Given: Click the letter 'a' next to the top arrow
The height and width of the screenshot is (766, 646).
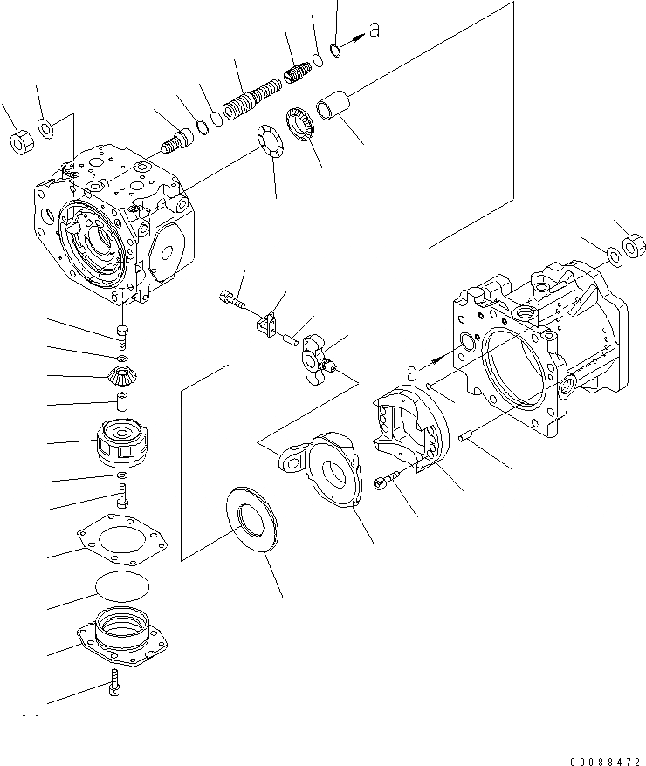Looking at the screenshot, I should tap(375, 32).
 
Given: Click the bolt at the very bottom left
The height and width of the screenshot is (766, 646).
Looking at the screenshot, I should tap(113, 687).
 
